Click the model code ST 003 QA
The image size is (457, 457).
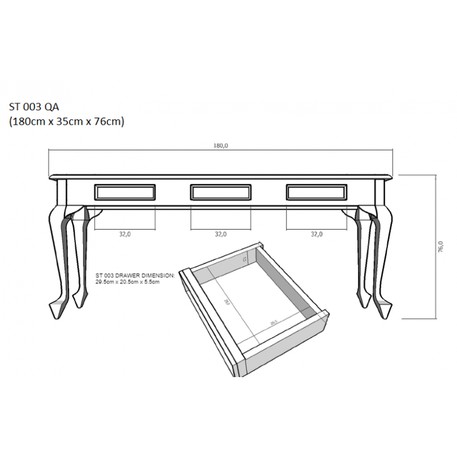pyautogui.click(x=34, y=107)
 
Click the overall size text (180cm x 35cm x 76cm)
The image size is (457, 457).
pyautogui.click(x=66, y=122)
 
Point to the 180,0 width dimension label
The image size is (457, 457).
pyautogui.click(x=221, y=146)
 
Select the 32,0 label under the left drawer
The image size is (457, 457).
pyautogui.click(x=125, y=234)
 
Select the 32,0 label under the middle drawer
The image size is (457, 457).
pyautogui.click(x=221, y=234)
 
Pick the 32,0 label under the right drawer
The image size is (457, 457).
pyautogui.click(x=317, y=234)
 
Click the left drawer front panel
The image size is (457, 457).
pyautogui.click(x=125, y=192)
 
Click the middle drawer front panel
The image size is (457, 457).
pyautogui.click(x=221, y=192)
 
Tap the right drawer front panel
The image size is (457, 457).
pyautogui.click(x=317, y=192)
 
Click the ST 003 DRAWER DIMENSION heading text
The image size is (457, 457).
pyautogui.click(x=135, y=276)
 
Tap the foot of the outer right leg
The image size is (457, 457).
pyautogui.click(x=384, y=309)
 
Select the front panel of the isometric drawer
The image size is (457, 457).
pyautogui.click(x=211, y=321)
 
